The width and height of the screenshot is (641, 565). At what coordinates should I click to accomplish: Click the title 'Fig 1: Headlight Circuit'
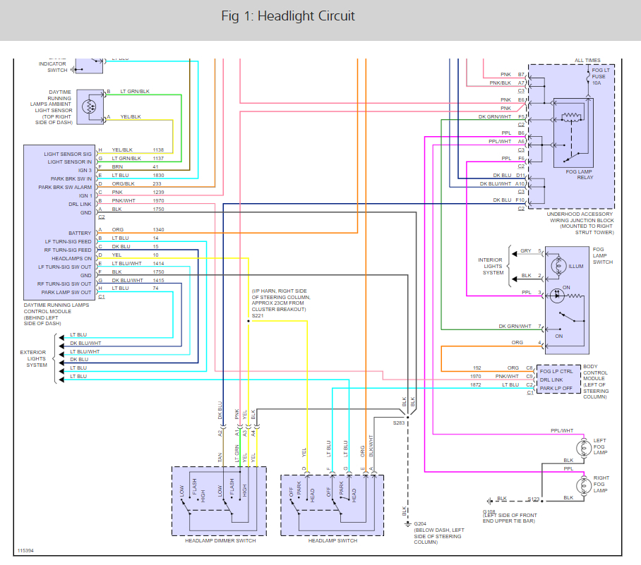pos(288,16)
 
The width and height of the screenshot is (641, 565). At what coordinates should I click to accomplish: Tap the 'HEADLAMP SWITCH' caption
pos(333,540)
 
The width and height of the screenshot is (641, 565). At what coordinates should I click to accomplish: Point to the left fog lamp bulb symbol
pos(583,447)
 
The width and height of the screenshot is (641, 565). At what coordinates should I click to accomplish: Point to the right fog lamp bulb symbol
pos(583,485)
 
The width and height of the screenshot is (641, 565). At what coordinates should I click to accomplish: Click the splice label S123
pos(534,499)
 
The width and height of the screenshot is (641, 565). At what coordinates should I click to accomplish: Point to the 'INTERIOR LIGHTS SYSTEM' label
pos(493,266)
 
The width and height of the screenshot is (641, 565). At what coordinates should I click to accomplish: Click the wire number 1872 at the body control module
pos(477,384)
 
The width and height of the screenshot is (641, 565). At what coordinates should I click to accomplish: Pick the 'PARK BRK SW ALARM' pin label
pos(66,187)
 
